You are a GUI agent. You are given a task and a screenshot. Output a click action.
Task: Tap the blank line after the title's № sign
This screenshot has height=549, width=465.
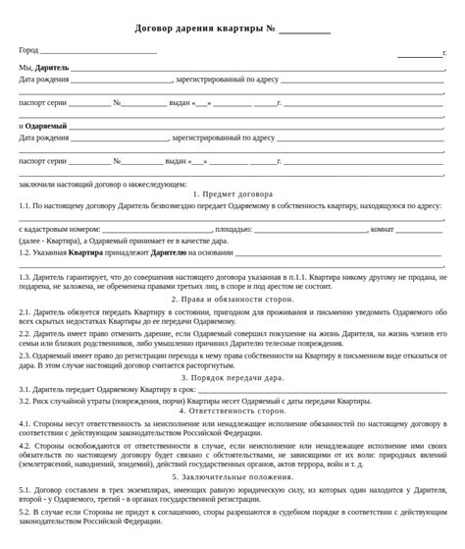tap(305, 29)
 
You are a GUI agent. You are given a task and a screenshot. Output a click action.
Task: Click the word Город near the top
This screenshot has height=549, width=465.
tap(28, 50)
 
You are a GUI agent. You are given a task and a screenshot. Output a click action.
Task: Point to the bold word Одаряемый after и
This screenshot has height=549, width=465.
tap(46, 127)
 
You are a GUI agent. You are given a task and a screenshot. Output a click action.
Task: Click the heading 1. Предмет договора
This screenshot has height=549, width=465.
tap(232, 194)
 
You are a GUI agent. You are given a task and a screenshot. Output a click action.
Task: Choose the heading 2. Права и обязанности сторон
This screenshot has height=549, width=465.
tap(232, 299)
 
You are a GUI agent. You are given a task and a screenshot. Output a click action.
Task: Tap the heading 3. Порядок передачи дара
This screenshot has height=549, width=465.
tap(232, 377)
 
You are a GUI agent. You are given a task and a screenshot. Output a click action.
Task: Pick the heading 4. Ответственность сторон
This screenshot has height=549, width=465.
tap(232, 411)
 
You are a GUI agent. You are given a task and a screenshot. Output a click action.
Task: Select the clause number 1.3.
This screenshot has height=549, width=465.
tap(25, 277)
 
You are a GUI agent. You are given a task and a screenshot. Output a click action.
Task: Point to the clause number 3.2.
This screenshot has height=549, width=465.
tap(25, 401)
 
